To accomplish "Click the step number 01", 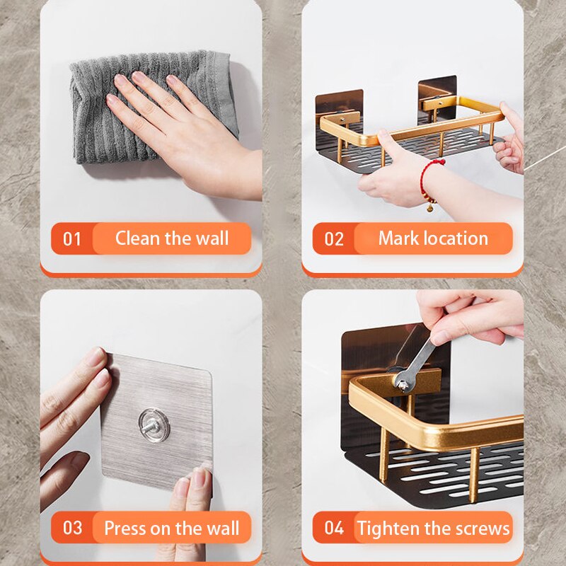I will coord(72,238).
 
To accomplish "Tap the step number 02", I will coord(334,238).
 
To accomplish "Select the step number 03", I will coord(72,528).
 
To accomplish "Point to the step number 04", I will coord(334,528).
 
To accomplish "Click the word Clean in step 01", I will coord(137,238).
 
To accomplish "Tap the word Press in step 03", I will coord(127,528).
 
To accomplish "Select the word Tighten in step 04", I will coord(393,528).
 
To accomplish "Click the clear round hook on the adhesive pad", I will coord(153,425).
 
